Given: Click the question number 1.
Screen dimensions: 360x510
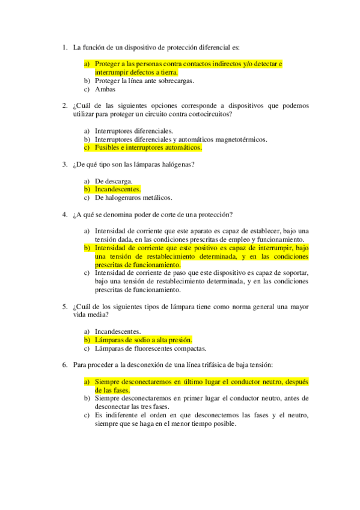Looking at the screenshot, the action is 64,47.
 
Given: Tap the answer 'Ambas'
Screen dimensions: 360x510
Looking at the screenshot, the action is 105,90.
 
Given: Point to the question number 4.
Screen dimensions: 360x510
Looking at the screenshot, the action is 64,214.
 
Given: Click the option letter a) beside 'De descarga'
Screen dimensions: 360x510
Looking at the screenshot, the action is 87,181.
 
